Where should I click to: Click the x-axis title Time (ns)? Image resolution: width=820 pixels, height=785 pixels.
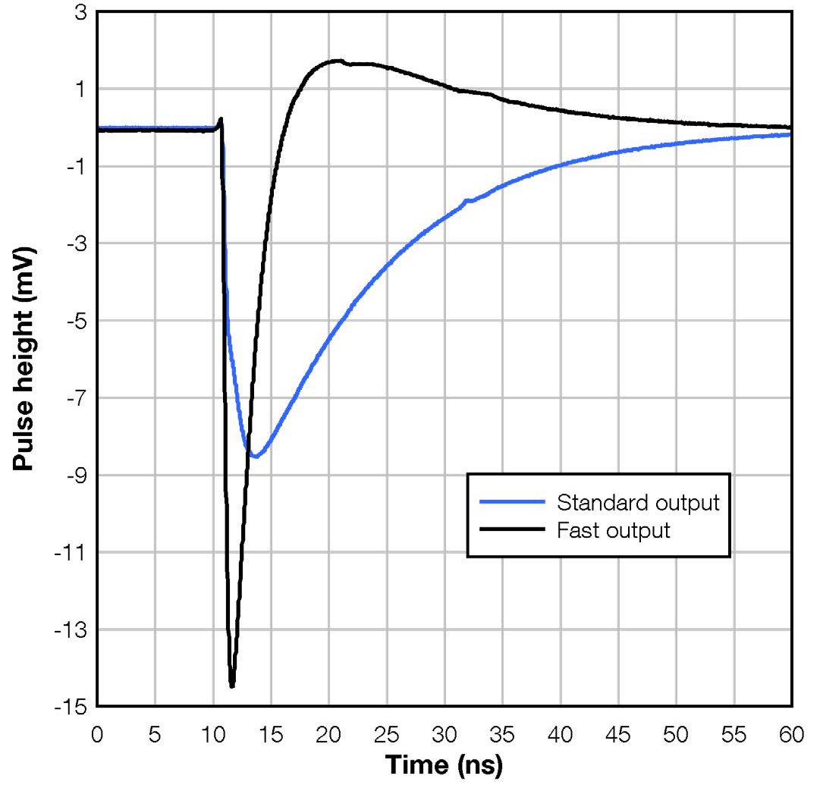coord(444,766)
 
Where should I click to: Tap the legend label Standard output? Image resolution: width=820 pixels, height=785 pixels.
coord(637,502)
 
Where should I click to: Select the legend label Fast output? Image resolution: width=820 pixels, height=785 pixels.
coord(614,529)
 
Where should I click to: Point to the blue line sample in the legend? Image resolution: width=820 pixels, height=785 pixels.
coord(513,502)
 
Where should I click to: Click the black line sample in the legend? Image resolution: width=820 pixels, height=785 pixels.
coord(513,529)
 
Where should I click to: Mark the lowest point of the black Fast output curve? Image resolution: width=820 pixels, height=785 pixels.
coord(232,686)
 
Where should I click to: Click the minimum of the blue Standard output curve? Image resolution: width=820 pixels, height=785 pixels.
coord(256,457)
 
